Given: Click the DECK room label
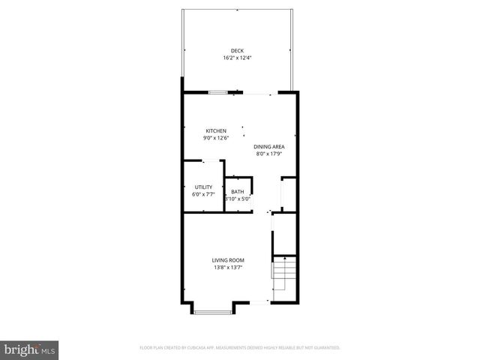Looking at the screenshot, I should point(237,51).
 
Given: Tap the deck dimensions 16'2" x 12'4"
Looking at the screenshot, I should point(237,58).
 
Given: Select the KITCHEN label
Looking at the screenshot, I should point(216,131).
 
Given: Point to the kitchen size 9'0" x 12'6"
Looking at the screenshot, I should point(216,138).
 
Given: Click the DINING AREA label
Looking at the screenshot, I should point(268,147).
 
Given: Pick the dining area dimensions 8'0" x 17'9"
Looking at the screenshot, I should point(268,154).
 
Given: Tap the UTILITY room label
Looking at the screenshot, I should point(203,187).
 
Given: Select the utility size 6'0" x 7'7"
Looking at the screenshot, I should point(203,194).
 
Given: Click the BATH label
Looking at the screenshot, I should point(237,192).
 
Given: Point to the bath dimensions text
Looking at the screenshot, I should point(237,199).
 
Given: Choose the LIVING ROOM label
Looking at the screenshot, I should point(228,260).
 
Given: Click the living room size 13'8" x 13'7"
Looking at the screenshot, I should point(228,267).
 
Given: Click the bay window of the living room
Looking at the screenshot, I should point(214,308).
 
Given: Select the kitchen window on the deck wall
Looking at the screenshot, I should point(218,92).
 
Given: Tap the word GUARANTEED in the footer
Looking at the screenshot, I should point(325,348).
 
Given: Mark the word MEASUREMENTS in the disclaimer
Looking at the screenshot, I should point(236,348).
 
